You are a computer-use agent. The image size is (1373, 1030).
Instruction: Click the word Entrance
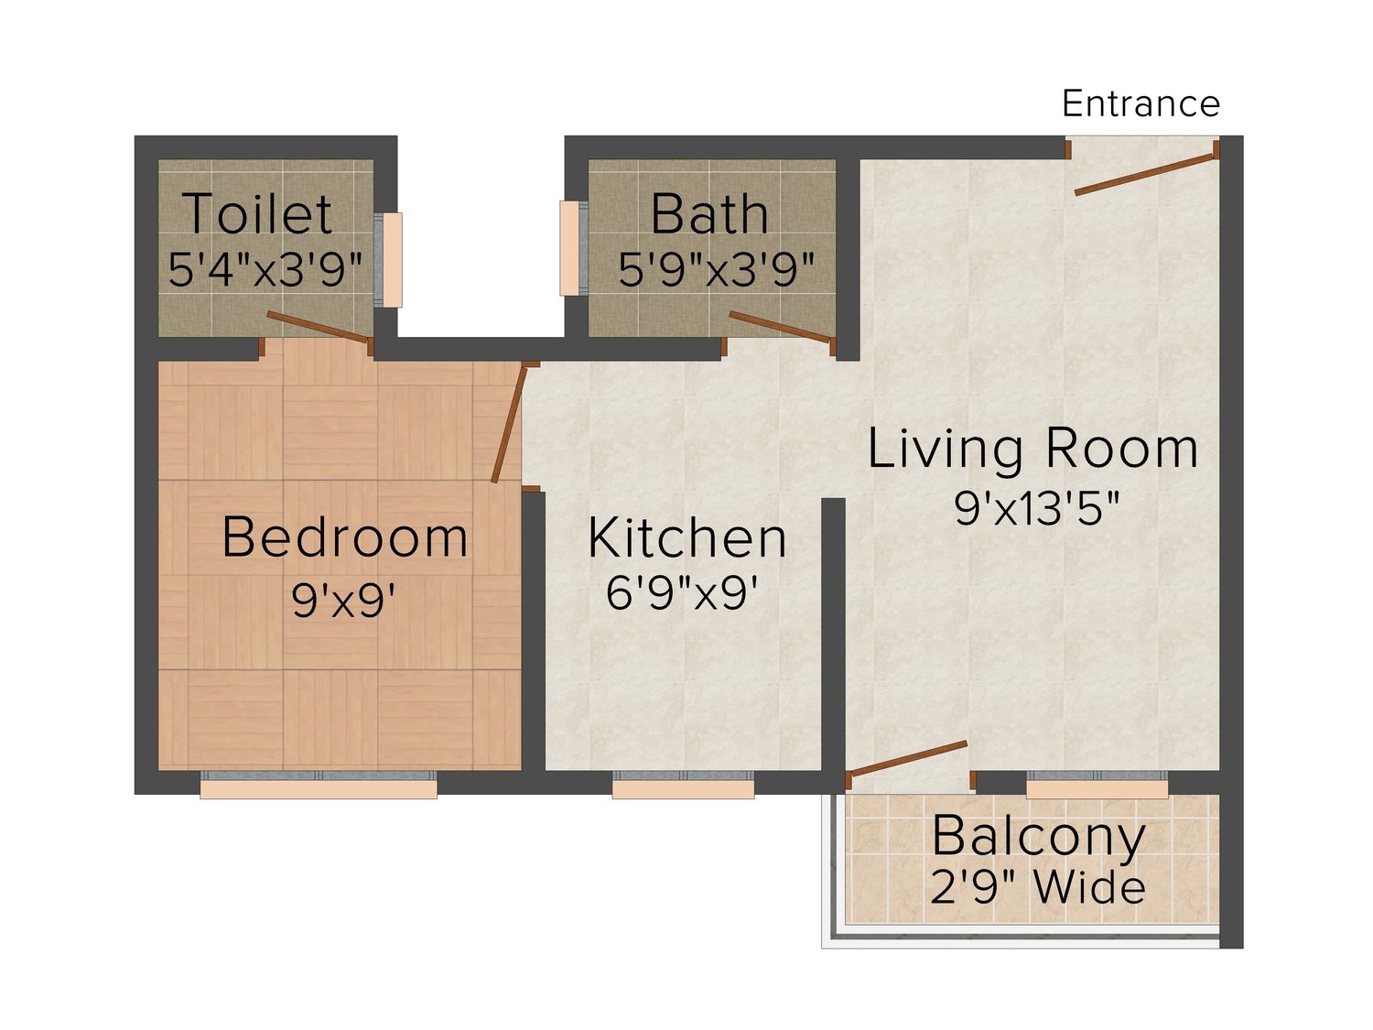(1141, 103)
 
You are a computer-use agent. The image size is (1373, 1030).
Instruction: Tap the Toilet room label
(257, 214)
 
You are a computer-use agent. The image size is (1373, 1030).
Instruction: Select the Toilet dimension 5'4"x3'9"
(265, 270)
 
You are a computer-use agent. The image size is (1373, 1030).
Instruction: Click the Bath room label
(709, 214)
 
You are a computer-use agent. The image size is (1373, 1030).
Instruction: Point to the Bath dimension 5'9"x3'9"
(716, 270)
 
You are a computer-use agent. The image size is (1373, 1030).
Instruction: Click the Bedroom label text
(345, 537)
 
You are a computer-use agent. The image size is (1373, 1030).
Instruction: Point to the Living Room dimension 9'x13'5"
(1036, 507)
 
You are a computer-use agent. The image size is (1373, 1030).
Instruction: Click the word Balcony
(1038, 838)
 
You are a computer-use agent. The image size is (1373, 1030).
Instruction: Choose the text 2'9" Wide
(1037, 887)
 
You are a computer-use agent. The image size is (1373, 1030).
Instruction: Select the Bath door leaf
(782, 327)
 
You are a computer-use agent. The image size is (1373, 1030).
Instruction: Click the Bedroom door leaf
(508, 424)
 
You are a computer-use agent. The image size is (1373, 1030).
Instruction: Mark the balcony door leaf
(908, 759)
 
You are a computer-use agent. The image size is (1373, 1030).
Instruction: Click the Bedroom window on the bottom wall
(319, 785)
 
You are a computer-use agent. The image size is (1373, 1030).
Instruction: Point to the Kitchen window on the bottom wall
(683, 785)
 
